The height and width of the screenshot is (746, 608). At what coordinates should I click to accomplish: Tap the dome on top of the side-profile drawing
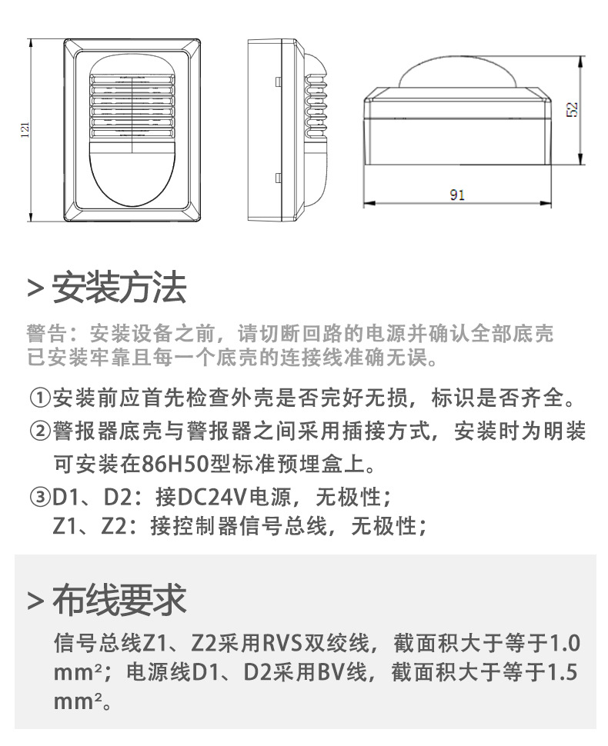[457, 74]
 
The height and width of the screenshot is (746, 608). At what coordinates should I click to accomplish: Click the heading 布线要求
[119, 600]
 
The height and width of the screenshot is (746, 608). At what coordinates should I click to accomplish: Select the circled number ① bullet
[40, 399]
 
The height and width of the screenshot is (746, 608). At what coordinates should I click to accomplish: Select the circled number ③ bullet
[40, 496]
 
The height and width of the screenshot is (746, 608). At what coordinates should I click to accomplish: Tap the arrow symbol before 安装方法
[34, 289]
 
